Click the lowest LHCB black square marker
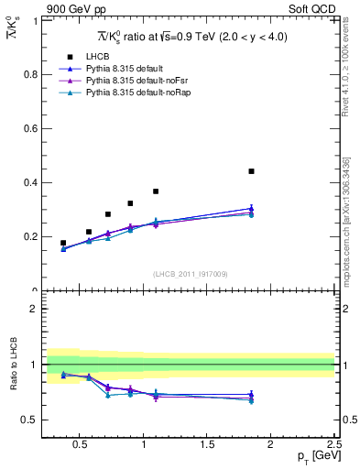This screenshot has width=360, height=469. (x=63, y=243)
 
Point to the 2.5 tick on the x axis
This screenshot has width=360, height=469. (x=333, y=445)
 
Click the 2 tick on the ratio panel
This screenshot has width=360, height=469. (x=36, y=309)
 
